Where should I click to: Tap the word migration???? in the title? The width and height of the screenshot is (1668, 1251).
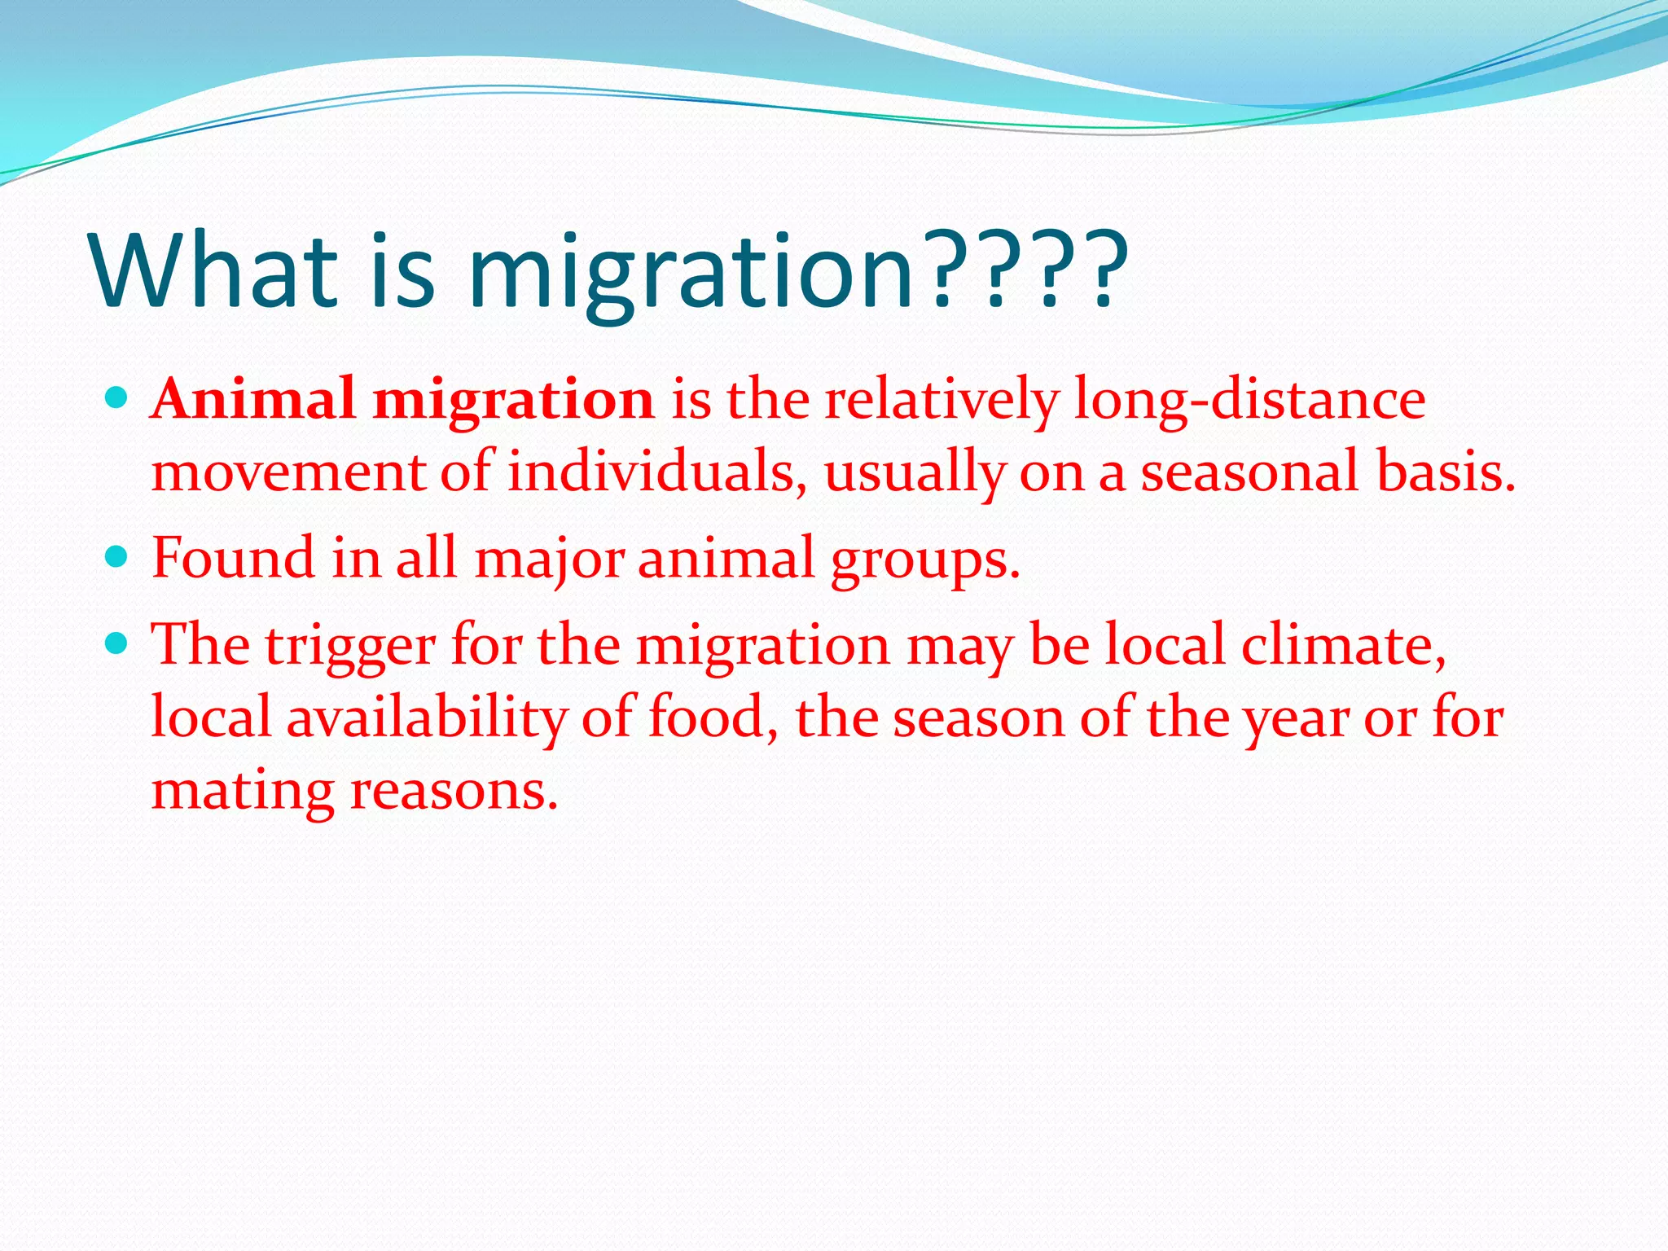coord(798,270)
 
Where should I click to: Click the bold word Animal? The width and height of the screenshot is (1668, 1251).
coord(253,400)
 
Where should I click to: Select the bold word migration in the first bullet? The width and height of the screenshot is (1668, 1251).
coord(513,400)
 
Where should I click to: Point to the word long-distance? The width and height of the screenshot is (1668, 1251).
coord(1249,400)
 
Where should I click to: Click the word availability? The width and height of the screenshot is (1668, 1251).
coord(426,718)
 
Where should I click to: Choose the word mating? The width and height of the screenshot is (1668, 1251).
coord(243,789)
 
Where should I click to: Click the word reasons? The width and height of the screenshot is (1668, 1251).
coord(454,789)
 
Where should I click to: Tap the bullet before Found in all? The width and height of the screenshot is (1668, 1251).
coord(118,557)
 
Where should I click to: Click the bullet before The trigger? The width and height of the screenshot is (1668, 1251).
coord(118,644)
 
